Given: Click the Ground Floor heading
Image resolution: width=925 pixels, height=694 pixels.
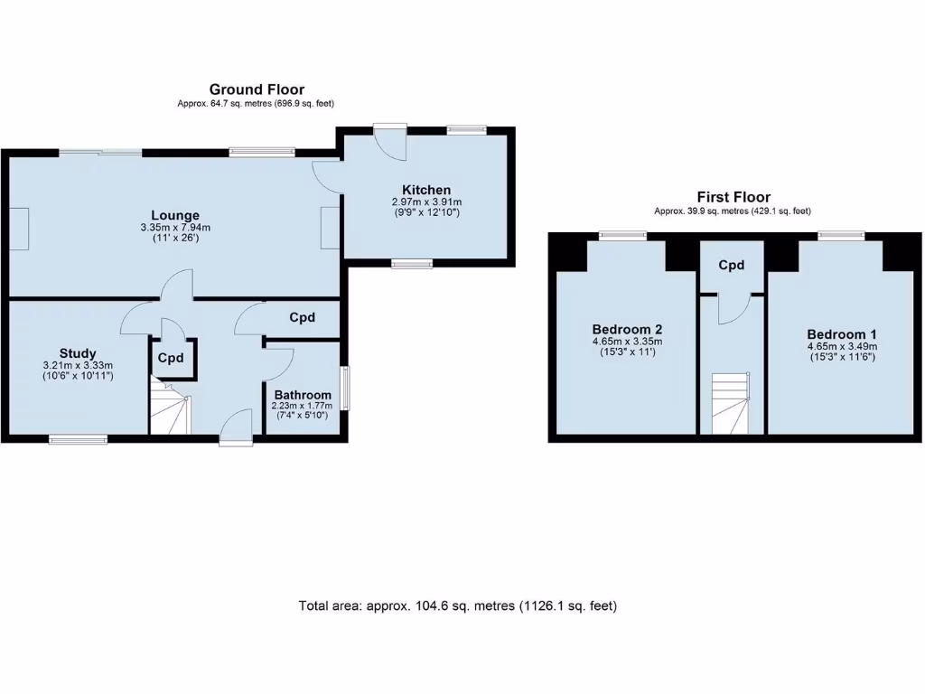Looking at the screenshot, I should (257, 89).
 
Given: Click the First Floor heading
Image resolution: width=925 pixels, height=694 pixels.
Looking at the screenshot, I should (733, 197).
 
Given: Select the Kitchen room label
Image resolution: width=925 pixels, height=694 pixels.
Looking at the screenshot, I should (426, 190).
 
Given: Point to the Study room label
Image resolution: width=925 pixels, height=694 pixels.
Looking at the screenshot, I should (78, 353).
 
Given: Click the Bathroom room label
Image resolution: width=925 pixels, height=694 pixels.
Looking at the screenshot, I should (303, 395).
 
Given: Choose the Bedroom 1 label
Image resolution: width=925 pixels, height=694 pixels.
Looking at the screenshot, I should (842, 333).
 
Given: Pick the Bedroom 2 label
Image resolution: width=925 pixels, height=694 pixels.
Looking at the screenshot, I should (627, 329).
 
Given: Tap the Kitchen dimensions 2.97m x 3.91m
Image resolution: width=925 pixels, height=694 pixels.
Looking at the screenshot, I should (426, 202).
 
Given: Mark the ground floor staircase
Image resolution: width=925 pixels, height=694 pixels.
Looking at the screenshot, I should (169, 408).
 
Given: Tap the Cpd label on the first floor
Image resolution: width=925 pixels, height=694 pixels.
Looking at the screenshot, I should (731, 266).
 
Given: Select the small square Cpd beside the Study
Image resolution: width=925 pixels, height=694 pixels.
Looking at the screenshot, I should (171, 358).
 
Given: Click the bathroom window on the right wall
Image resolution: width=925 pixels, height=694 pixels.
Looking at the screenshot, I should (344, 389).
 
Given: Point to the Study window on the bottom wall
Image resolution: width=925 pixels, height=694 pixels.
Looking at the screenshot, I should (79, 440).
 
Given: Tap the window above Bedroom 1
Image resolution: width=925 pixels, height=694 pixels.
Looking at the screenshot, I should (841, 236).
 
